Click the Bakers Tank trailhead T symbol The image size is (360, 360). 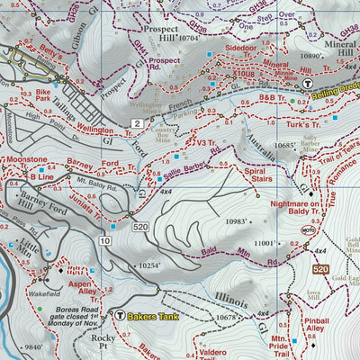[122, 316]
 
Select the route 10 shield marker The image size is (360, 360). [105, 242]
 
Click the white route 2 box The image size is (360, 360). [137, 122]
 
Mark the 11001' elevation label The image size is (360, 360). [266, 243]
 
